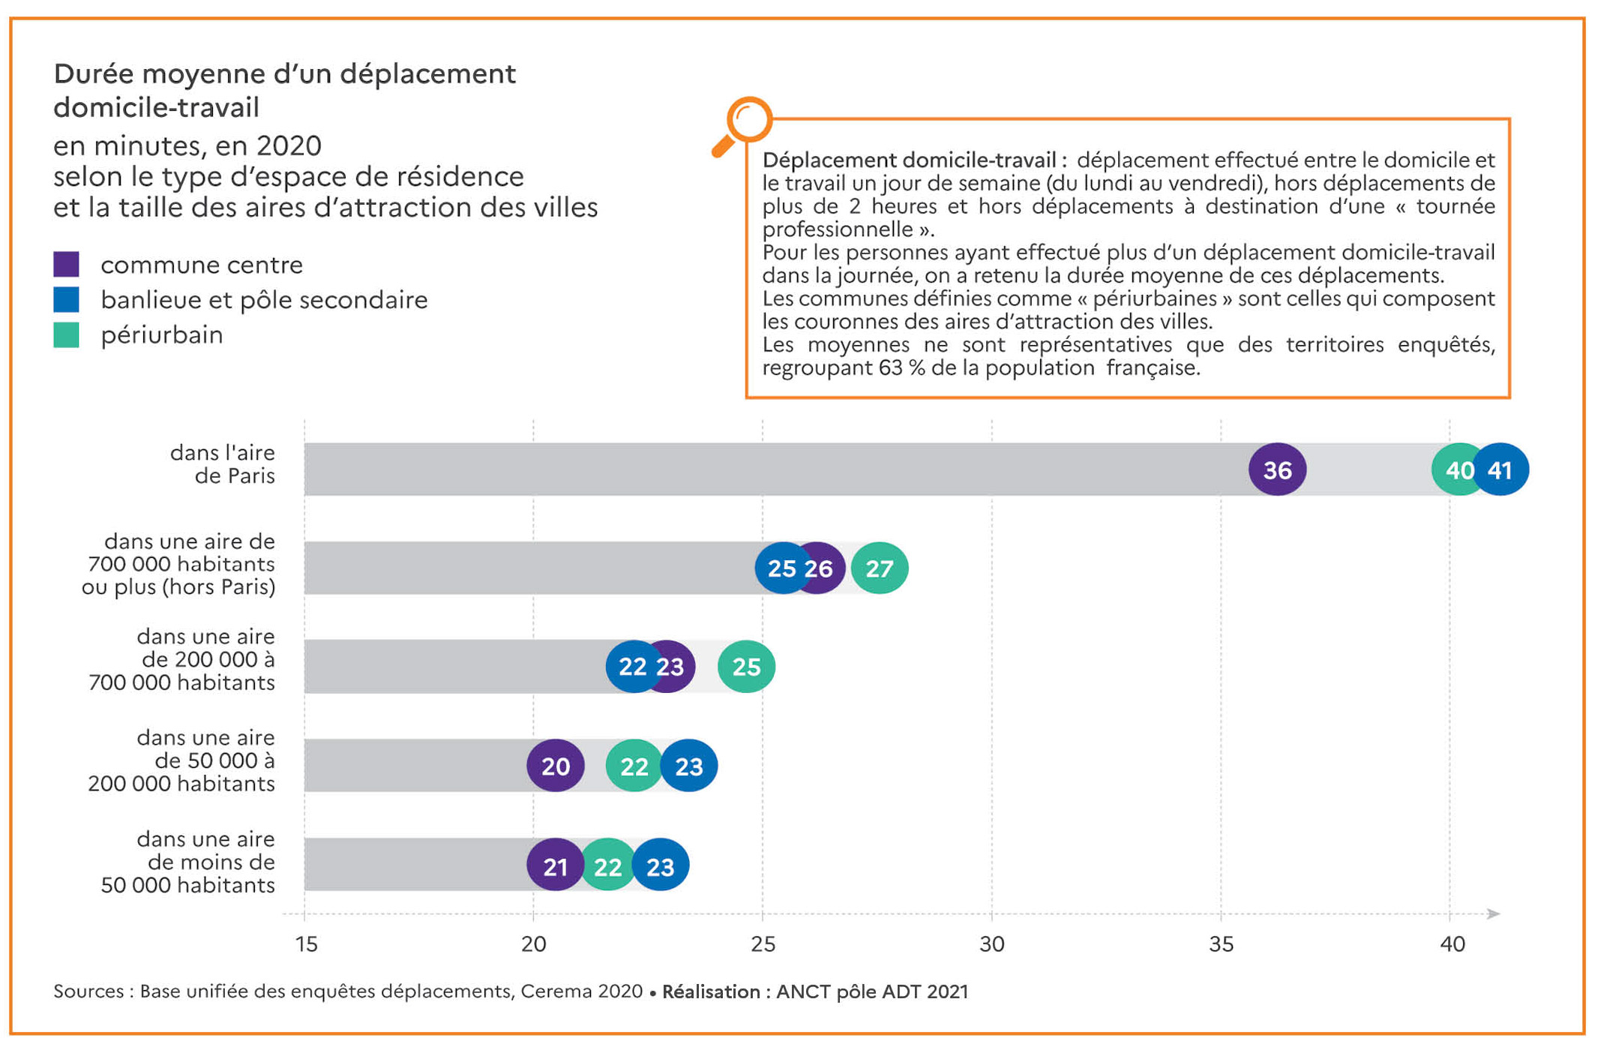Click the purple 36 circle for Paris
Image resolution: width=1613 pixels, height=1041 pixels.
[1277, 469]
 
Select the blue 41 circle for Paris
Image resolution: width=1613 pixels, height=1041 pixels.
[1501, 469]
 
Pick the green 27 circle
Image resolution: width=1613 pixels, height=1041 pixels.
[880, 568]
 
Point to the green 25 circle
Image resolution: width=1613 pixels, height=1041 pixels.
[746, 666]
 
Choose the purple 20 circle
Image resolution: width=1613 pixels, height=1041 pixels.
[555, 766]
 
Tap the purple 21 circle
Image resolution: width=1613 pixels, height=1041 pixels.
[555, 865]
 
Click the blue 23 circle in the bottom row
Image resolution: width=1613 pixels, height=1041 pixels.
[661, 865]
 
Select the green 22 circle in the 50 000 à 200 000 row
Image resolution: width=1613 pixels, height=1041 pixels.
[634, 766]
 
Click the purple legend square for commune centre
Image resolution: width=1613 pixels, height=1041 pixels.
[67, 264]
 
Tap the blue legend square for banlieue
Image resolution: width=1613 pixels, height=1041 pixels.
[67, 299]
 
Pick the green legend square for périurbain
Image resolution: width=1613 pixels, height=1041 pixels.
[67, 334]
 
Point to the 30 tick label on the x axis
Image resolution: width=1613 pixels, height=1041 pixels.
[991, 944]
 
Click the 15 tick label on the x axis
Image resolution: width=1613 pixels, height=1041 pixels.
[306, 944]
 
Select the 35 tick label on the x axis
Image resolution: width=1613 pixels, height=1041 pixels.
[1221, 944]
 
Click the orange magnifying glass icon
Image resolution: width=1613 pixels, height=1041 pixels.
[743, 124]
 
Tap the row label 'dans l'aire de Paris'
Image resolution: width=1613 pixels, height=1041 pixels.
[223, 464]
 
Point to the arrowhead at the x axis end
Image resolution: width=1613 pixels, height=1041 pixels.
[1493, 913]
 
